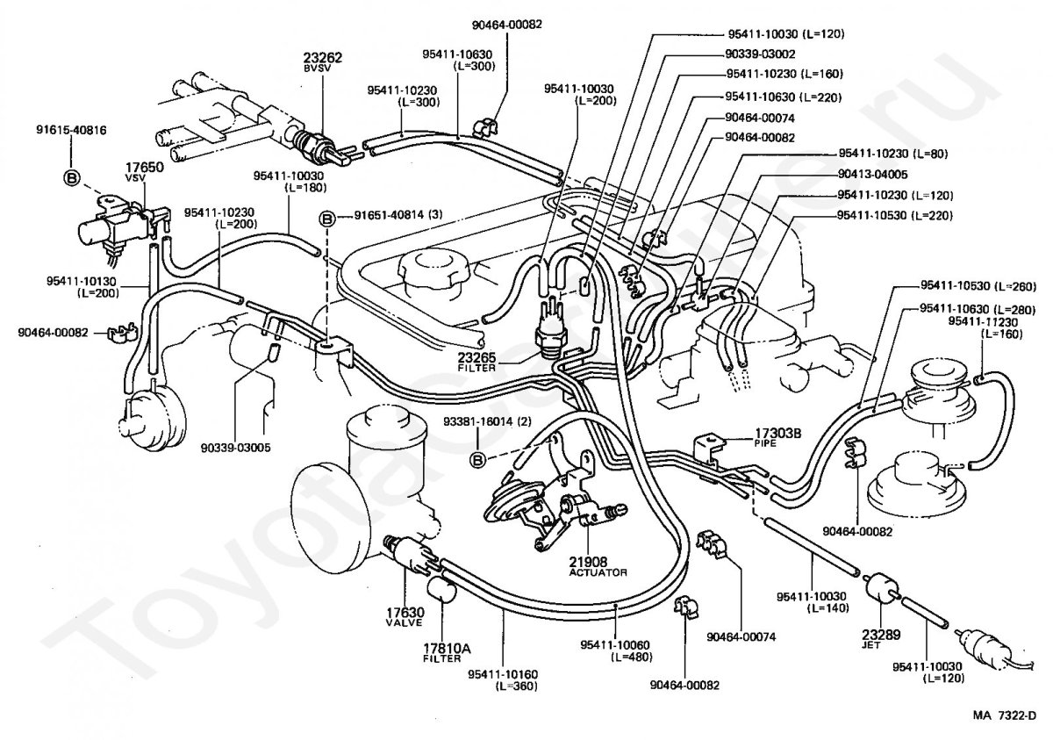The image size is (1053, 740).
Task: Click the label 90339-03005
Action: pyautogui.click(x=234, y=447)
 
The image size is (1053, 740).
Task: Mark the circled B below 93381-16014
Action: pyautogui.click(x=478, y=459)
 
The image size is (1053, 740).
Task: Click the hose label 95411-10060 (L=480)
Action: pyautogui.click(x=615, y=650)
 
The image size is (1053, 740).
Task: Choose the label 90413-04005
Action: pyautogui.click(x=872, y=174)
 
